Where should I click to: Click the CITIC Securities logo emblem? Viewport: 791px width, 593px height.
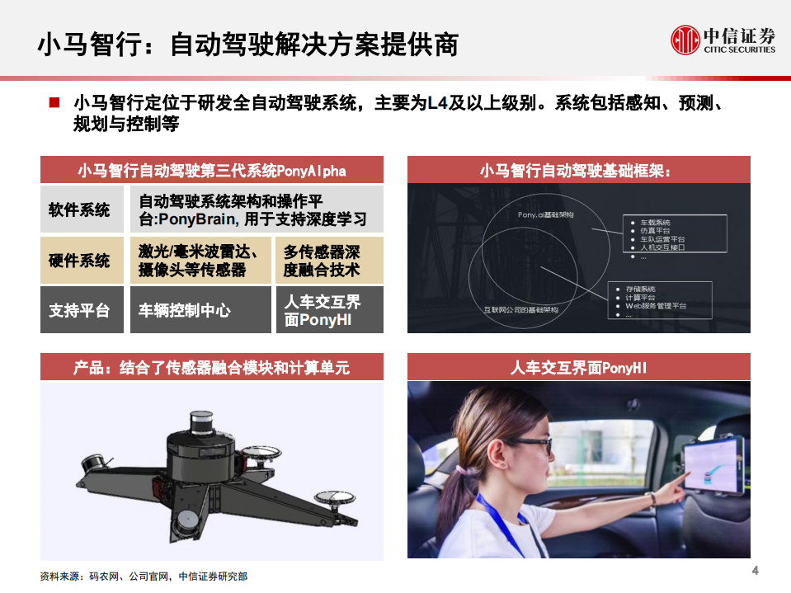pos(684,39)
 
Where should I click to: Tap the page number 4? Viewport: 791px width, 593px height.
pos(755,572)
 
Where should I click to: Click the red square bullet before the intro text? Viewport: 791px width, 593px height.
pos(54,103)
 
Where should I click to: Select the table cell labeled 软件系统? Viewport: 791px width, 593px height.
pos(81,209)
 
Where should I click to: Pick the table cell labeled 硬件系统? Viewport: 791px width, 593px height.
pos(81,260)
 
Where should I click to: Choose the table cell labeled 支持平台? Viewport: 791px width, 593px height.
pos(81,310)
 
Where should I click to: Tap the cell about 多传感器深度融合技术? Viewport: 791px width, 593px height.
pos(330,260)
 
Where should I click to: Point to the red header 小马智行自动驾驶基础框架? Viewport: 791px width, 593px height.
pos(578,171)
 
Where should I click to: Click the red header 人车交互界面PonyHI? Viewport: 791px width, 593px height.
pos(578,368)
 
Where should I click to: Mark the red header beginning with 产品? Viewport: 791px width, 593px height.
pos(211,368)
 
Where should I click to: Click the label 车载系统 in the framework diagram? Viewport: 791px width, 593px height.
pos(656,223)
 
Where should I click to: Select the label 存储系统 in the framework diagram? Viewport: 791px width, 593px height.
pos(640,289)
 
